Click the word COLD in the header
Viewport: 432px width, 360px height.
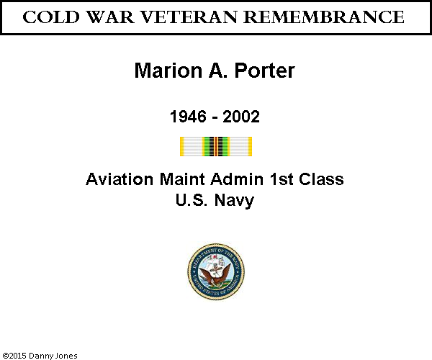[51, 17]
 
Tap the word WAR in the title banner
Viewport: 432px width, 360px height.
[110, 17]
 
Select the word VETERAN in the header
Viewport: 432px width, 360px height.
[189, 17]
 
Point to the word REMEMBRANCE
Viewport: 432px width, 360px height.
[324, 17]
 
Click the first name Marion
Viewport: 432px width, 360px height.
[168, 71]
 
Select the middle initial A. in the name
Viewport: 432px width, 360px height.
[218, 71]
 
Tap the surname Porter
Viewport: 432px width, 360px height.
[264, 71]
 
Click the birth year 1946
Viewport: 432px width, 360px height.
[188, 116]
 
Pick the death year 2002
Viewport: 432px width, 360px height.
[241, 116]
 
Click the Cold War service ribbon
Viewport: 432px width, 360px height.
[216, 147]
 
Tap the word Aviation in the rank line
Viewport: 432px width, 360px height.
[120, 179]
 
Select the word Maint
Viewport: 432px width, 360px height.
[182, 179]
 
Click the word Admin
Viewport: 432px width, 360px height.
[237, 179]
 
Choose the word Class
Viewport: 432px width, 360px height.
[322, 179]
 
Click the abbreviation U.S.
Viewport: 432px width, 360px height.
[192, 199]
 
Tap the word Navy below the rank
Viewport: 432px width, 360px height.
[234, 201]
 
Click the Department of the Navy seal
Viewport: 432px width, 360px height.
[216, 271]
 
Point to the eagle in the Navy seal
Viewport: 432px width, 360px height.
[215, 276]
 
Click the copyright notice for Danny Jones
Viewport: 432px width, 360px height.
[40, 356]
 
